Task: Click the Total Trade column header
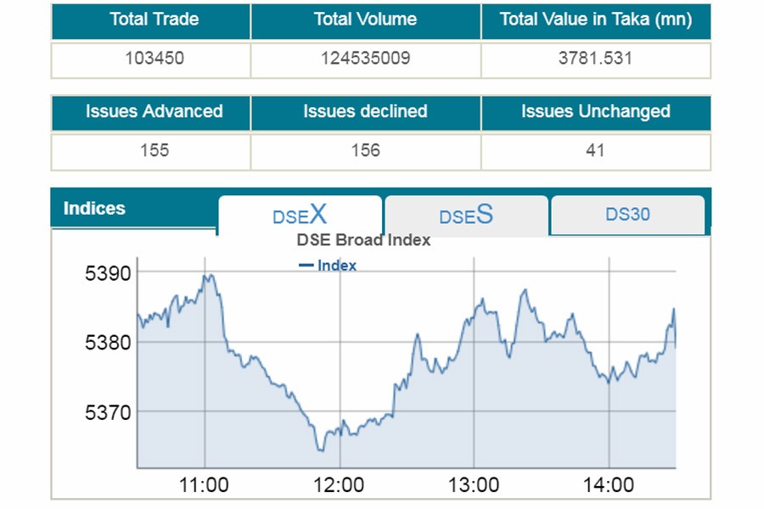(154, 20)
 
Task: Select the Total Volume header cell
(365, 20)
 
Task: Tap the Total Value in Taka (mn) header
(595, 20)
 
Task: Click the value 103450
(154, 59)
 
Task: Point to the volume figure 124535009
(365, 59)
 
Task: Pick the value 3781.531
(595, 59)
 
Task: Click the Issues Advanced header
(154, 111)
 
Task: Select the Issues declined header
(365, 111)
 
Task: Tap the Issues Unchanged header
(595, 111)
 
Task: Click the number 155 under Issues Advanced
(154, 150)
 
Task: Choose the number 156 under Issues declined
(365, 150)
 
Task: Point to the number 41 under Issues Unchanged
(595, 150)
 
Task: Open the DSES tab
(466, 215)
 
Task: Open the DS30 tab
(627, 215)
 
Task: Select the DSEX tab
(300, 215)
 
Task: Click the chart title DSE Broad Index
(363, 240)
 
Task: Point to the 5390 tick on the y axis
(108, 273)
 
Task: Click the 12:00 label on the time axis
(339, 485)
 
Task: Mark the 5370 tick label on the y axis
(108, 412)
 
